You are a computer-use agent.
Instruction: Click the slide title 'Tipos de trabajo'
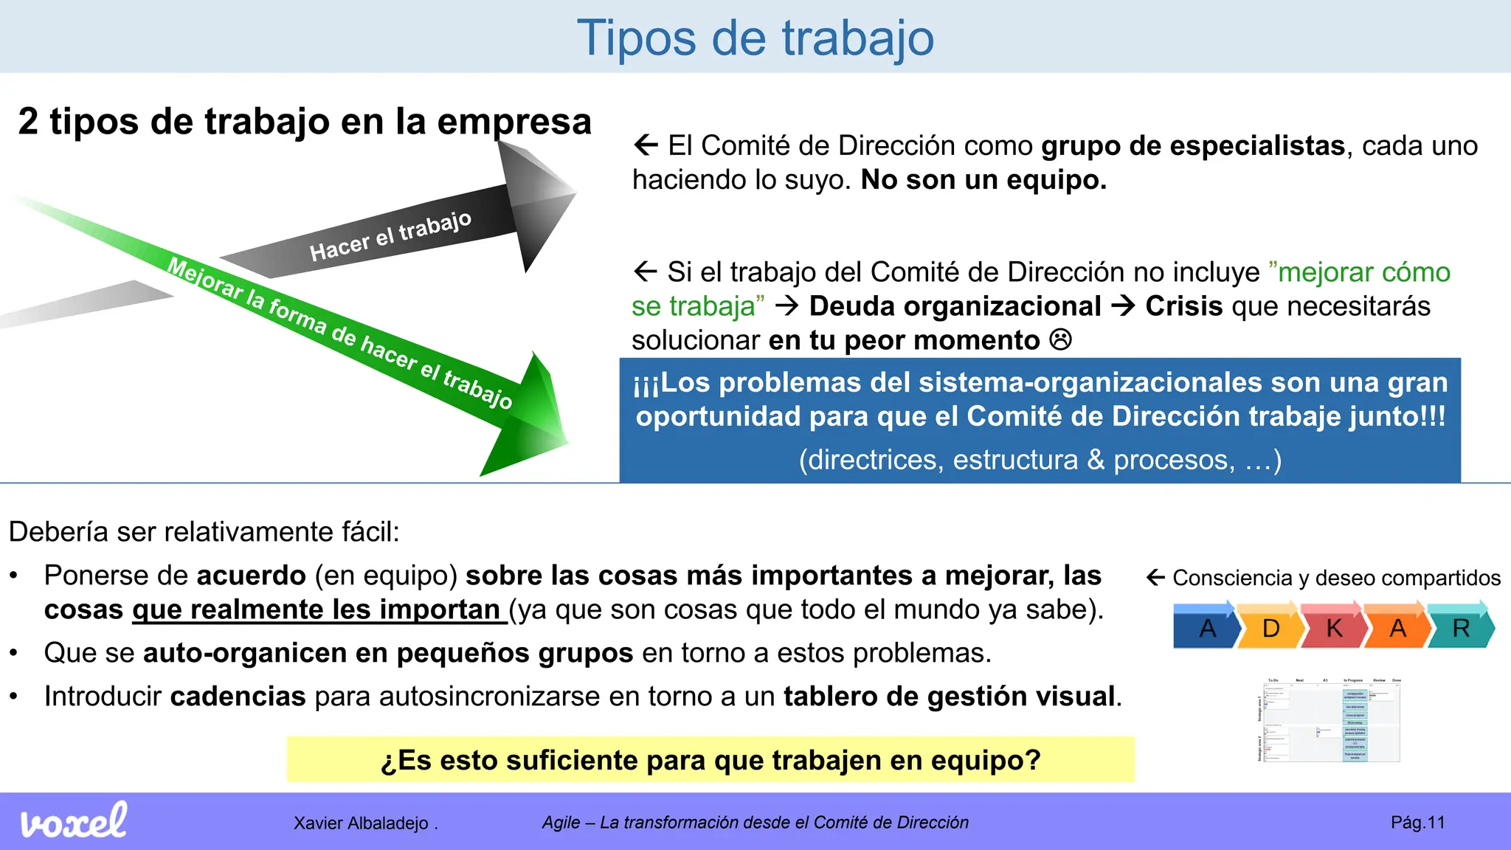pos(755,38)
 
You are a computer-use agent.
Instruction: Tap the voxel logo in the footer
pos(73,821)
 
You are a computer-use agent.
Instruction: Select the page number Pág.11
pos(1417,823)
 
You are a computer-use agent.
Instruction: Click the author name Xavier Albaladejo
pos(361,823)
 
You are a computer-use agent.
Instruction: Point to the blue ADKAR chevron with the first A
pos(1206,627)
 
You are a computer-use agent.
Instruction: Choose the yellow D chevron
pos(1270,627)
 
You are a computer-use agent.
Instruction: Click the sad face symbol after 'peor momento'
pos(1060,340)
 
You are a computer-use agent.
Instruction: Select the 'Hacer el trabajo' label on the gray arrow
pos(390,236)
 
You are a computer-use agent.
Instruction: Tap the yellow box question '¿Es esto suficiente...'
pos(710,760)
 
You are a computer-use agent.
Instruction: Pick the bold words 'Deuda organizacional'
pos(955,306)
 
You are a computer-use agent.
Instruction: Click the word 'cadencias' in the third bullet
pos(238,697)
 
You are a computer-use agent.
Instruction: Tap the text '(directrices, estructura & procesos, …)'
pos(1040,460)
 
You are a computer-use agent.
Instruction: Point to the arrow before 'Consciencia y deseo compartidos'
pos(1155,578)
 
